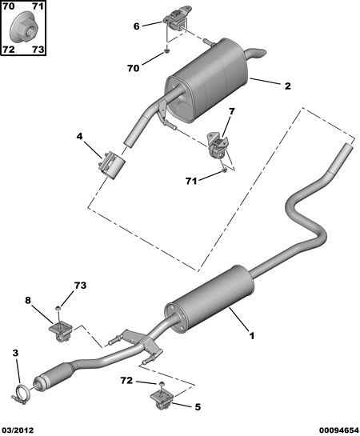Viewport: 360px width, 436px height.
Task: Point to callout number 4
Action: (80, 137)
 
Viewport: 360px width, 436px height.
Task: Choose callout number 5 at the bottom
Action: (198, 406)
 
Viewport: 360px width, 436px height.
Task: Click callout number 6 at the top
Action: (136, 26)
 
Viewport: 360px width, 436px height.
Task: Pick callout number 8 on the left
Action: (28, 301)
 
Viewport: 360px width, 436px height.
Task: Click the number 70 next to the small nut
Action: (133, 69)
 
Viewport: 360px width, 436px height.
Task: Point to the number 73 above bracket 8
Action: (80, 286)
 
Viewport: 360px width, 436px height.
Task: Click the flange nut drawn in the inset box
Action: (23, 30)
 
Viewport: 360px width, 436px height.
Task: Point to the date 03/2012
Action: (18, 430)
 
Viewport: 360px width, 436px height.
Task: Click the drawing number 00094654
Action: (335, 430)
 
